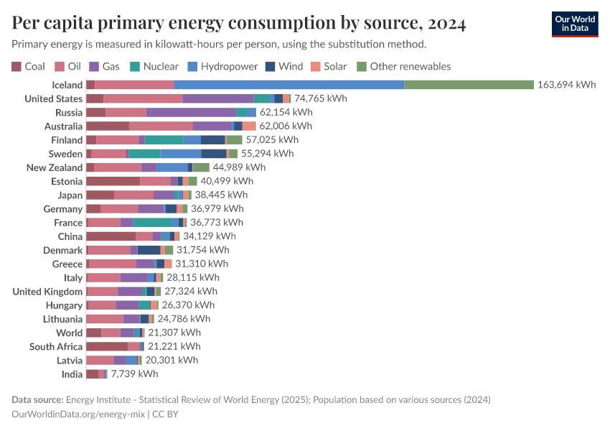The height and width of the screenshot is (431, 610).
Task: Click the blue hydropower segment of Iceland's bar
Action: click(288, 85)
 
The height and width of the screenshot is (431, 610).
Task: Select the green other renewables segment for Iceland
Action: click(469, 85)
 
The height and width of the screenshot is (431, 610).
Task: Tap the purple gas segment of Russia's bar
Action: click(191, 112)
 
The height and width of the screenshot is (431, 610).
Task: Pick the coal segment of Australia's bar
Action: click(108, 126)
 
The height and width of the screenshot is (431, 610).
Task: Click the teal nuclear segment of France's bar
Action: click(152, 223)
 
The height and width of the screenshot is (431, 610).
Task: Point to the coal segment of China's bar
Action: click(111, 236)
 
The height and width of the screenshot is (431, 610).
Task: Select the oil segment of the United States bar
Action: click(143, 98)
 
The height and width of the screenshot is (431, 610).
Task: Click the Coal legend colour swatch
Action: click(17, 66)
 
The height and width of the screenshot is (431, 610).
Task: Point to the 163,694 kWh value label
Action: click(566, 85)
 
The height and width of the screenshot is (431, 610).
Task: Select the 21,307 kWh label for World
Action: click(174, 333)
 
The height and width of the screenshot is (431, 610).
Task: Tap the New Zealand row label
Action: click(55, 167)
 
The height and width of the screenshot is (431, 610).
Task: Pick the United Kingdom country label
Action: click(47, 292)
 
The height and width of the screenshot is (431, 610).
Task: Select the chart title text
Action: click(239, 24)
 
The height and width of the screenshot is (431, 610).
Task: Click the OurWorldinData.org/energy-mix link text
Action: click(78, 414)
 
